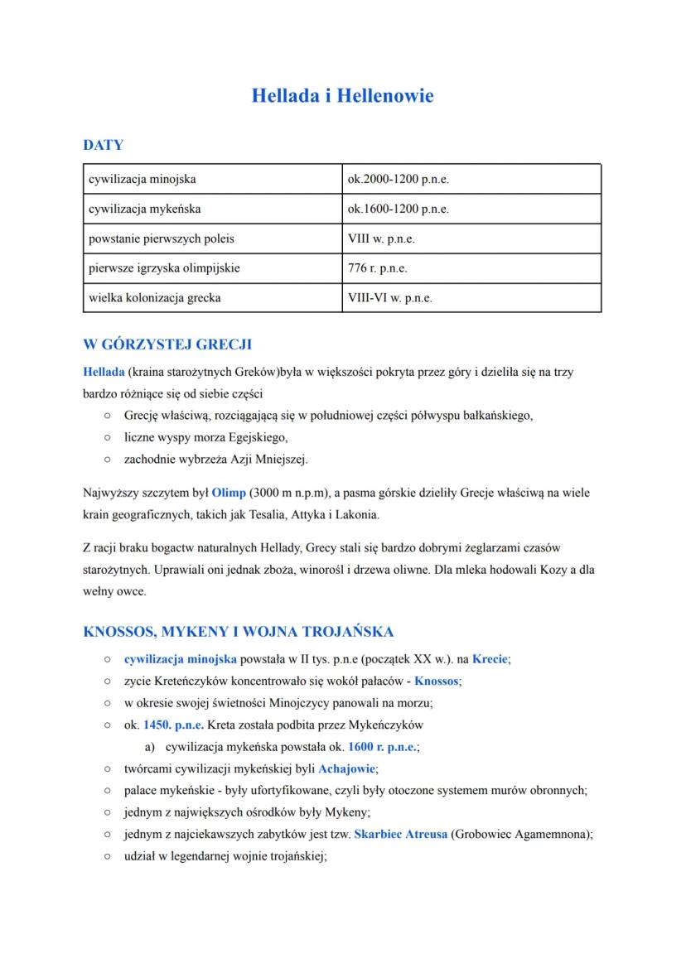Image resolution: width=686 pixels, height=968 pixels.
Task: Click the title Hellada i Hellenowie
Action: click(x=342, y=96)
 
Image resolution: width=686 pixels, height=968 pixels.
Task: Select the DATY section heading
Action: click(x=104, y=145)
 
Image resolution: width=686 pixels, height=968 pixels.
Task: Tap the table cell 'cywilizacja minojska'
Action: click(x=143, y=179)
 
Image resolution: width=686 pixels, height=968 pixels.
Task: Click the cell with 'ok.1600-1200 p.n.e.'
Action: click(x=399, y=209)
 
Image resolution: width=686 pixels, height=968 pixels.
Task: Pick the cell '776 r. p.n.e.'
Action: click(x=378, y=268)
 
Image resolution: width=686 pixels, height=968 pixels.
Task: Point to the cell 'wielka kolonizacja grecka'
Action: click(x=155, y=297)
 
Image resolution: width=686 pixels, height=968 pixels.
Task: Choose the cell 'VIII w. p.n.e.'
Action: click(x=382, y=238)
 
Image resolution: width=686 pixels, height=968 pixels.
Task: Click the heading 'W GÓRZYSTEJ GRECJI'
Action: click(x=167, y=344)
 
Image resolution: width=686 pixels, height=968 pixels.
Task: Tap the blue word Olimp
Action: click(x=229, y=493)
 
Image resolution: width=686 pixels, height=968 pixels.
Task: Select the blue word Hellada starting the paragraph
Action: click(x=104, y=372)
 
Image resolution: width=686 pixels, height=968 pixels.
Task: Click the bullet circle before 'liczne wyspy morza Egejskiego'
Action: click(x=108, y=436)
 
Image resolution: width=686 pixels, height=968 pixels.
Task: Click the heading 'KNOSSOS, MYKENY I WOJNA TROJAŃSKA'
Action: click(x=239, y=632)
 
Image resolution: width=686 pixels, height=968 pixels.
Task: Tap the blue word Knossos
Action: click(x=436, y=681)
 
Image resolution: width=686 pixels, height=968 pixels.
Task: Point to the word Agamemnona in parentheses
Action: click(x=548, y=835)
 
